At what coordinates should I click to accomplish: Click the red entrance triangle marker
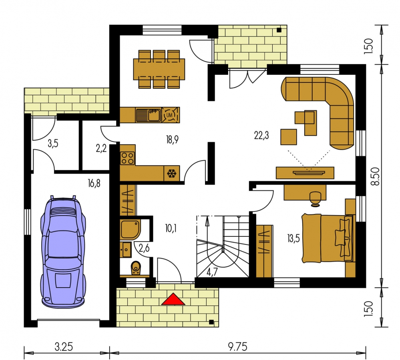pos(173,299)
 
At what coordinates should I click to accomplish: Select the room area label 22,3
pos(261,135)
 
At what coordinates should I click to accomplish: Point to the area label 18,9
pos(172,140)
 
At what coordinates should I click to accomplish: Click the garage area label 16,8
pos(94,183)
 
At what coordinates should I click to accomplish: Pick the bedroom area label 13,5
pos(293,239)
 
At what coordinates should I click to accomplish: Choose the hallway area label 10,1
pos(171,228)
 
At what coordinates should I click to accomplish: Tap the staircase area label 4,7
pos(212,272)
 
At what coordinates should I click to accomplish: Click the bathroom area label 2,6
pos(144,248)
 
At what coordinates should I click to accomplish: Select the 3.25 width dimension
pos(64,347)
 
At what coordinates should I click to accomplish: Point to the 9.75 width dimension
pos(237,347)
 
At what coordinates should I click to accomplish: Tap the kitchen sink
pos(148,115)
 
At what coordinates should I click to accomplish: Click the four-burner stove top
pos(128,158)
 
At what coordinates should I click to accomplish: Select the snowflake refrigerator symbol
pos(172,174)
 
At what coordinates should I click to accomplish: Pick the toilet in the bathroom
pos(136,268)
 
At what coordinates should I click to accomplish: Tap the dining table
pos(159,69)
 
